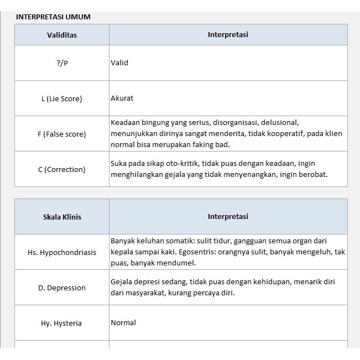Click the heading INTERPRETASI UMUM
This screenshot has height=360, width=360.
(x=53, y=17)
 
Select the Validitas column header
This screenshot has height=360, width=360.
(x=62, y=35)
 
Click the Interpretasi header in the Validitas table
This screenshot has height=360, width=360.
(x=228, y=35)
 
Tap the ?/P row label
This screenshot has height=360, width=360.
(x=62, y=63)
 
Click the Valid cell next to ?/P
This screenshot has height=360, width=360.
(x=119, y=63)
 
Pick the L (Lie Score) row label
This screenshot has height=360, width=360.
(x=62, y=98)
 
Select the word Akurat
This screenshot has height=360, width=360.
(x=122, y=98)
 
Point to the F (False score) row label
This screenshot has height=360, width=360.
(x=62, y=134)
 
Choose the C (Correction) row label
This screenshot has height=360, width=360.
(x=62, y=169)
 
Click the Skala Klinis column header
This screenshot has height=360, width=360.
(x=62, y=217)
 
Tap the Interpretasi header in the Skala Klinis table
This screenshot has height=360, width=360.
(x=228, y=217)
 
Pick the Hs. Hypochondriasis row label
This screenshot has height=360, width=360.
(x=62, y=252)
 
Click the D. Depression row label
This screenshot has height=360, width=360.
(x=62, y=288)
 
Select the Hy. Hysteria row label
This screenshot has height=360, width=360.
(x=62, y=323)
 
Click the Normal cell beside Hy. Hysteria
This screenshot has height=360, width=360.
(x=123, y=323)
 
